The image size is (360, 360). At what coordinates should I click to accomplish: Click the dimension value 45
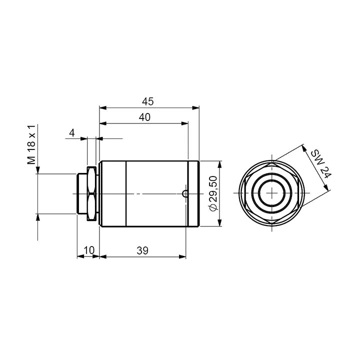pyautogui.click(x=147, y=101)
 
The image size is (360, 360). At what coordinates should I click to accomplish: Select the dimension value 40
pyautogui.click(x=144, y=117)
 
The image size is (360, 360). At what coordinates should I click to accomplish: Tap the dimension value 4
pyautogui.click(x=72, y=133)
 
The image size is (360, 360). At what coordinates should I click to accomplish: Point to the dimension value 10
pyautogui.click(x=89, y=250)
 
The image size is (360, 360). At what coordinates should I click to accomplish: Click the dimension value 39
pyautogui.click(x=142, y=250)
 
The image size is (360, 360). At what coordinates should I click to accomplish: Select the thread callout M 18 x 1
pyautogui.click(x=31, y=144)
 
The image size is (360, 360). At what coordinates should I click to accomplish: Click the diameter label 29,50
pyautogui.click(x=213, y=193)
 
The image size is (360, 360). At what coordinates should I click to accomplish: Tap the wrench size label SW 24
pyautogui.click(x=321, y=164)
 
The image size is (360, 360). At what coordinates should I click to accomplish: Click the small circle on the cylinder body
pyautogui.click(x=185, y=194)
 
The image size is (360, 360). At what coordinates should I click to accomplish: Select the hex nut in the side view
pyautogui.click(x=91, y=194)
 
